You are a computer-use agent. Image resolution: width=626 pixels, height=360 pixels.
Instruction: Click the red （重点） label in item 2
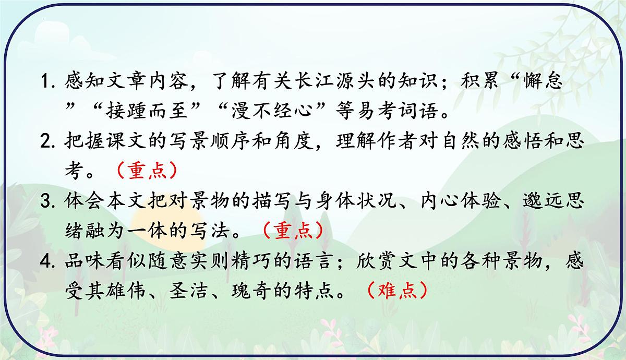pyautogui.click(x=145, y=170)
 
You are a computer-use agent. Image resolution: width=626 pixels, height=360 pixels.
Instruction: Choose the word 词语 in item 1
pyautogui.click(x=414, y=111)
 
